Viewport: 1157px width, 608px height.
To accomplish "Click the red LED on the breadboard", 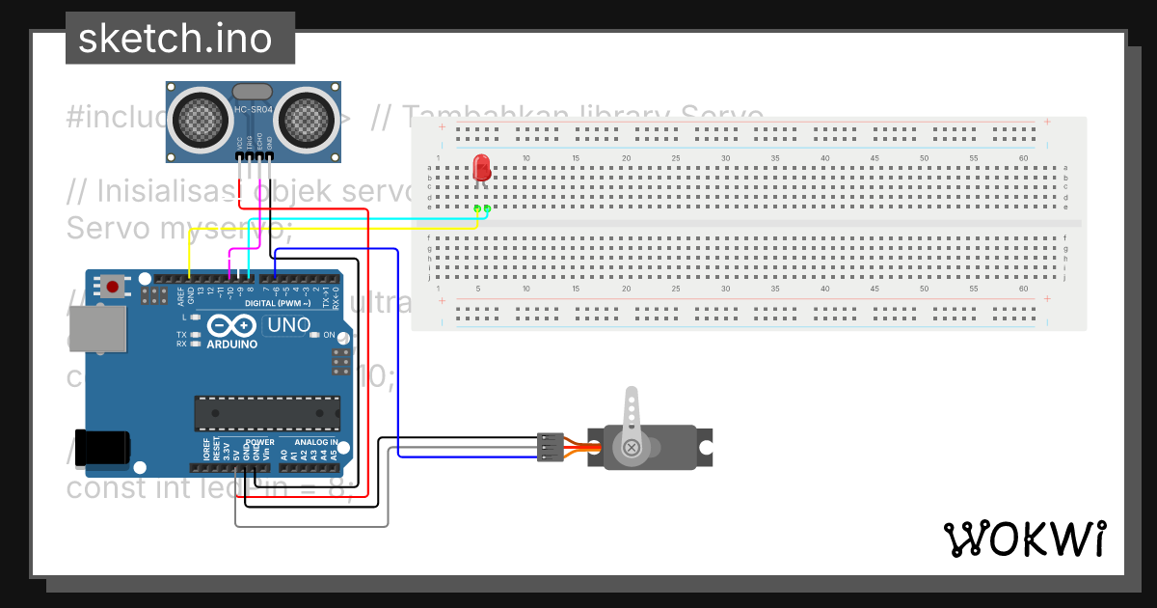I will click(x=482, y=170).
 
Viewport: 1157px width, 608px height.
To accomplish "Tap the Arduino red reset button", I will click(x=114, y=286).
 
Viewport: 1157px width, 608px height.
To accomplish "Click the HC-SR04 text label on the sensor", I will click(x=254, y=110).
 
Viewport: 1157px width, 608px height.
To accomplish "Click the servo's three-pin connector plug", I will click(x=549, y=447).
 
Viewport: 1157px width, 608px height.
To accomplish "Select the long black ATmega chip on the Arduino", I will click(x=267, y=412).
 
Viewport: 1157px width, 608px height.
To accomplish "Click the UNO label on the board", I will click(x=288, y=325).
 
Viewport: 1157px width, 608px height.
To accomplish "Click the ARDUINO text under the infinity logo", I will click(x=231, y=344).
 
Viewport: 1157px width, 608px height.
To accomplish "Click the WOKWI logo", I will click(x=1024, y=539).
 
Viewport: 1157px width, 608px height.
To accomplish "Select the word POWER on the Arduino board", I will click(x=259, y=442).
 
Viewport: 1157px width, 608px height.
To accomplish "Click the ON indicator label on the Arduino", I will click(x=329, y=335).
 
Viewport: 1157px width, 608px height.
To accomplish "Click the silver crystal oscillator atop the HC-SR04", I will click(x=254, y=91).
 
